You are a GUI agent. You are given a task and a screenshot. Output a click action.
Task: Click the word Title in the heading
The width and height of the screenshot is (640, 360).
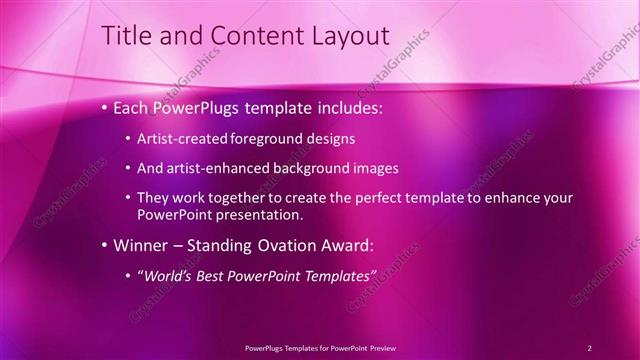pos(127,37)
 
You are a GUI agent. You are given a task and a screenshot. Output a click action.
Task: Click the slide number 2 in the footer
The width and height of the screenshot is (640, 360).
pos(590,347)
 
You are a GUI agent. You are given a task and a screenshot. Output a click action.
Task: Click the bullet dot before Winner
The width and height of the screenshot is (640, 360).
pos(104,245)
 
